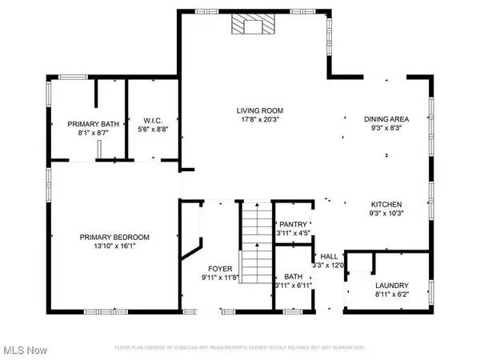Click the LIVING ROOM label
pyautogui.click(x=260, y=111)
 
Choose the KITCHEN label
pyautogui.click(x=386, y=205)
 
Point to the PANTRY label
pyautogui.click(x=290, y=225)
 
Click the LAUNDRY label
pyautogui.click(x=392, y=286)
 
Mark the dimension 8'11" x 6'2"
pyautogui.click(x=392, y=295)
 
